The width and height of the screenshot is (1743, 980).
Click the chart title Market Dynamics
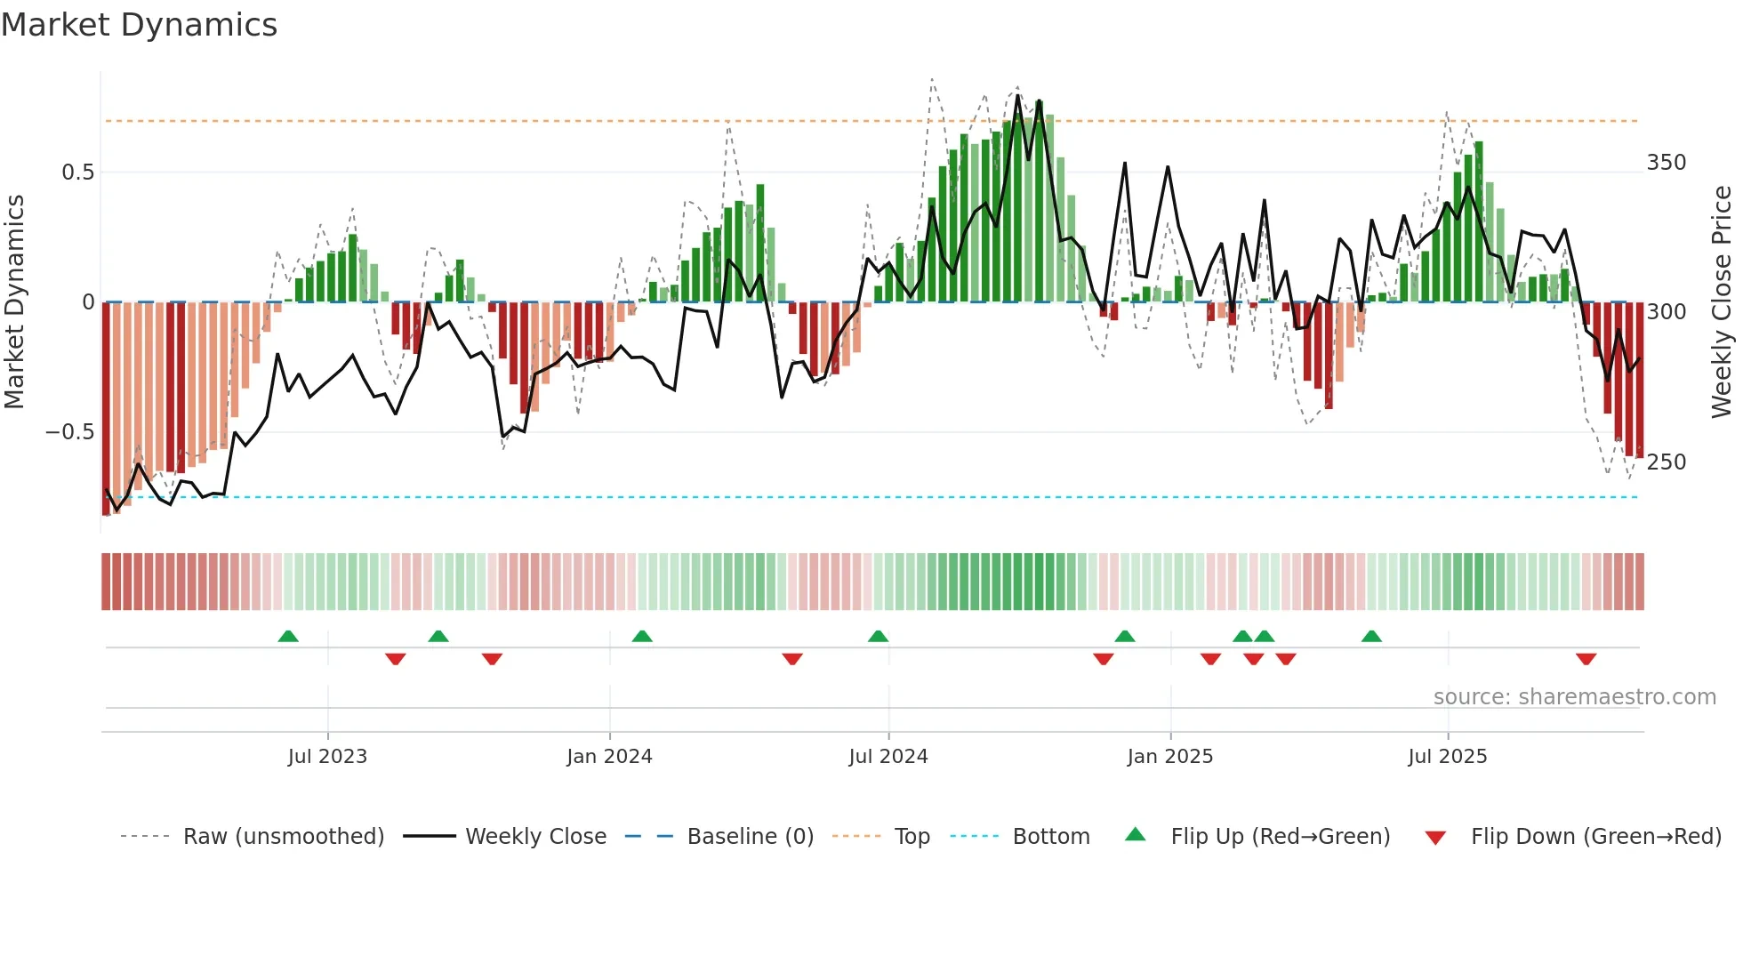140,25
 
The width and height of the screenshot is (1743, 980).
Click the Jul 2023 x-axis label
327,757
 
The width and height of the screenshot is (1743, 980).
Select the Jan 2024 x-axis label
609,757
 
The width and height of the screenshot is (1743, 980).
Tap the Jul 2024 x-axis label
888,757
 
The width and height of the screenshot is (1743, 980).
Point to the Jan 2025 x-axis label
1169,757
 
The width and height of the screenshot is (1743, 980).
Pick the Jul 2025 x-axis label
1447,757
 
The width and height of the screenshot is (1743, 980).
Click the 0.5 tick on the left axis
77,173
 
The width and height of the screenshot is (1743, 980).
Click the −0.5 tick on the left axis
70,432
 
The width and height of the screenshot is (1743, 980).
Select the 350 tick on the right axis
1666,163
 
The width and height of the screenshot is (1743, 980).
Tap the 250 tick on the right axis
1666,462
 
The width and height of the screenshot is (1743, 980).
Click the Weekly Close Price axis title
1722,302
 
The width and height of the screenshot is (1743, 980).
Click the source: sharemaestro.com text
1574,697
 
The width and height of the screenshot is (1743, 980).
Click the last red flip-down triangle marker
1586,659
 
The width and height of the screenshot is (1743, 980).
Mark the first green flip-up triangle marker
288,636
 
